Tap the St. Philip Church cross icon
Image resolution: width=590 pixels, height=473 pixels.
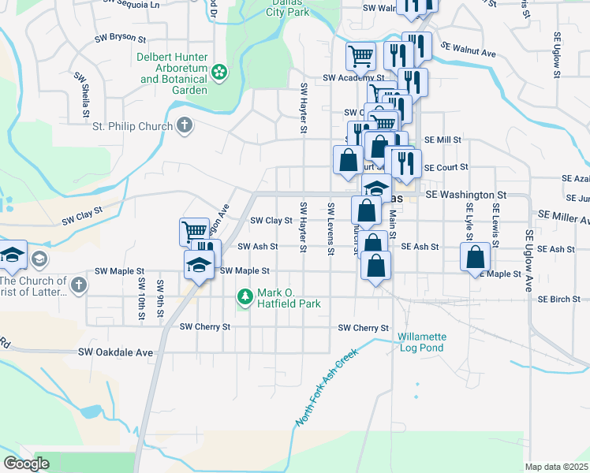coord(184,125)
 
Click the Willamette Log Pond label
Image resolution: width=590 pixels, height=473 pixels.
coord(422,341)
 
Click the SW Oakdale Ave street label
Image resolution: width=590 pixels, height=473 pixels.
coord(114,352)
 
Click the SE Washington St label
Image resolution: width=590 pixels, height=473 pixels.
coord(465,194)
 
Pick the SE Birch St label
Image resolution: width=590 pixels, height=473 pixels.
coord(559,300)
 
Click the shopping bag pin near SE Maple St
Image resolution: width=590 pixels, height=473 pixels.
coord(475,257)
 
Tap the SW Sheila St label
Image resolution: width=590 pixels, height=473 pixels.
coord(81,96)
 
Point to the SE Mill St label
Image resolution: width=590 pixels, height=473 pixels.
coord(442,140)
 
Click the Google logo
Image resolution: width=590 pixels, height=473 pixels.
coord(26,464)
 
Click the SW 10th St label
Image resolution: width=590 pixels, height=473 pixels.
coord(142,298)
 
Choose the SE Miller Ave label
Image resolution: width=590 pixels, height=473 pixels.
coord(562,215)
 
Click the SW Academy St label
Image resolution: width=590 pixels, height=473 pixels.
coord(353,79)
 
